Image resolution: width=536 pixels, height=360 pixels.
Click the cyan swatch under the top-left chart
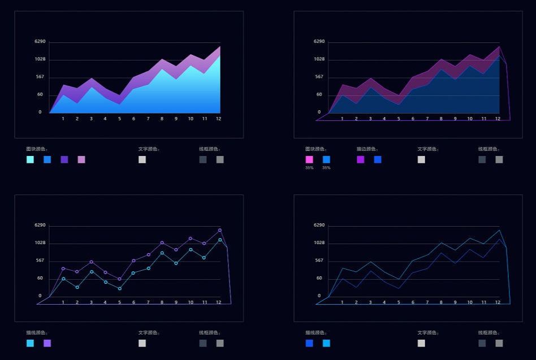[x=30, y=159]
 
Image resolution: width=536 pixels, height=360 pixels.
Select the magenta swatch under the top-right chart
[x=309, y=159]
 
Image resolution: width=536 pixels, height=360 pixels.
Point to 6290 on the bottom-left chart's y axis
[x=40, y=225]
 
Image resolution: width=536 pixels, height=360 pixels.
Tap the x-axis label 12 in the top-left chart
[x=219, y=119]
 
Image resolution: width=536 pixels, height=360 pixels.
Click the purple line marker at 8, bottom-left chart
[x=162, y=242]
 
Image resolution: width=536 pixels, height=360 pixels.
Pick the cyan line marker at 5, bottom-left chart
[x=119, y=289]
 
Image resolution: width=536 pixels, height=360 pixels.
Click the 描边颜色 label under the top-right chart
[x=368, y=149]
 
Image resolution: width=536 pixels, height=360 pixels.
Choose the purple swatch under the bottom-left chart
[x=47, y=343]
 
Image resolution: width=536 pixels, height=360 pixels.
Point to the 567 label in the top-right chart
[x=319, y=76]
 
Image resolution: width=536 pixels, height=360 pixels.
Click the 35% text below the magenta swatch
[x=309, y=168]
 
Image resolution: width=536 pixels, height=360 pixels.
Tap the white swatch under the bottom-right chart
[x=421, y=343]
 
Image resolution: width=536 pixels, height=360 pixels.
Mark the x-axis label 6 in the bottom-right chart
[x=413, y=302]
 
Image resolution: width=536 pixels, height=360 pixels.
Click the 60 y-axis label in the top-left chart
[x=40, y=94]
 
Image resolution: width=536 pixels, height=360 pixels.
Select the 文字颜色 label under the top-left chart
[x=149, y=149]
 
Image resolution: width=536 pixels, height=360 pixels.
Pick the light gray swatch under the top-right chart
[x=421, y=159]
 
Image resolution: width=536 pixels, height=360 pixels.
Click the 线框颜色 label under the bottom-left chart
[x=210, y=333]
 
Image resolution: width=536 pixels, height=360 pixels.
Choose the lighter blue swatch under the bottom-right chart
[x=326, y=343]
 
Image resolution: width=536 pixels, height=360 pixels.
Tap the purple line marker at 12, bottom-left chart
[x=219, y=230]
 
